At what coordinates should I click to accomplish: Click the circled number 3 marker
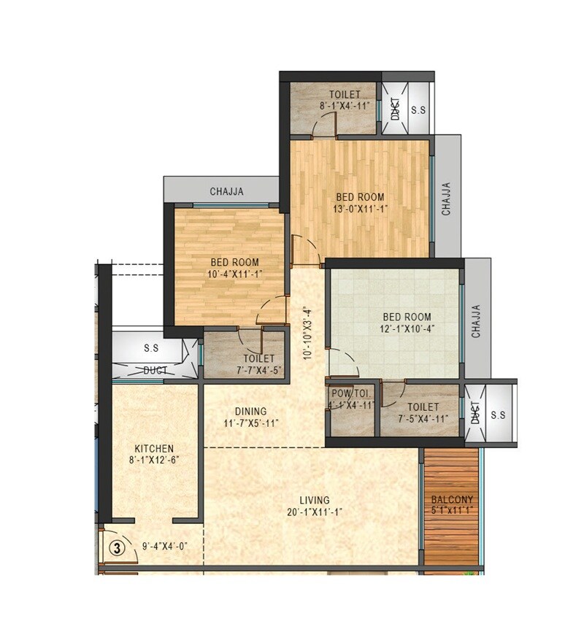[x=115, y=545]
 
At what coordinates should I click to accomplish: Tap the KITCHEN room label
[x=154, y=448]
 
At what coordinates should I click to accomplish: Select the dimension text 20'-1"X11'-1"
[x=315, y=512]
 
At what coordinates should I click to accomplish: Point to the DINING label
[x=250, y=411]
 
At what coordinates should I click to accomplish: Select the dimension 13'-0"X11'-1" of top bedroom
[x=360, y=209]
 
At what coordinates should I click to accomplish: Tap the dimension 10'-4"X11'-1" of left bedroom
[x=234, y=274]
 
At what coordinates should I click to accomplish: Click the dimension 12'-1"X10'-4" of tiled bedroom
[x=407, y=329]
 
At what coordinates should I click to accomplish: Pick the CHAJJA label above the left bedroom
[x=226, y=192]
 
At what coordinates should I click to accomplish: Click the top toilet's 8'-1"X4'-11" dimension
[x=345, y=106]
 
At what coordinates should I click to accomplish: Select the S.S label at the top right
[x=419, y=110]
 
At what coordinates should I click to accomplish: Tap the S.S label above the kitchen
[x=151, y=348]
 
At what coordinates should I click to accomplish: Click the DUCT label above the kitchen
[x=155, y=371]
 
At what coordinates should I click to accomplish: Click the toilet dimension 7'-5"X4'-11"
[x=423, y=419]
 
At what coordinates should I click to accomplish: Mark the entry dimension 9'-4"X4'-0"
[x=165, y=545]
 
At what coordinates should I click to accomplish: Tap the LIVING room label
[x=315, y=500]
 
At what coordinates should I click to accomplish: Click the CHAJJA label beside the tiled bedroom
[x=476, y=321]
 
